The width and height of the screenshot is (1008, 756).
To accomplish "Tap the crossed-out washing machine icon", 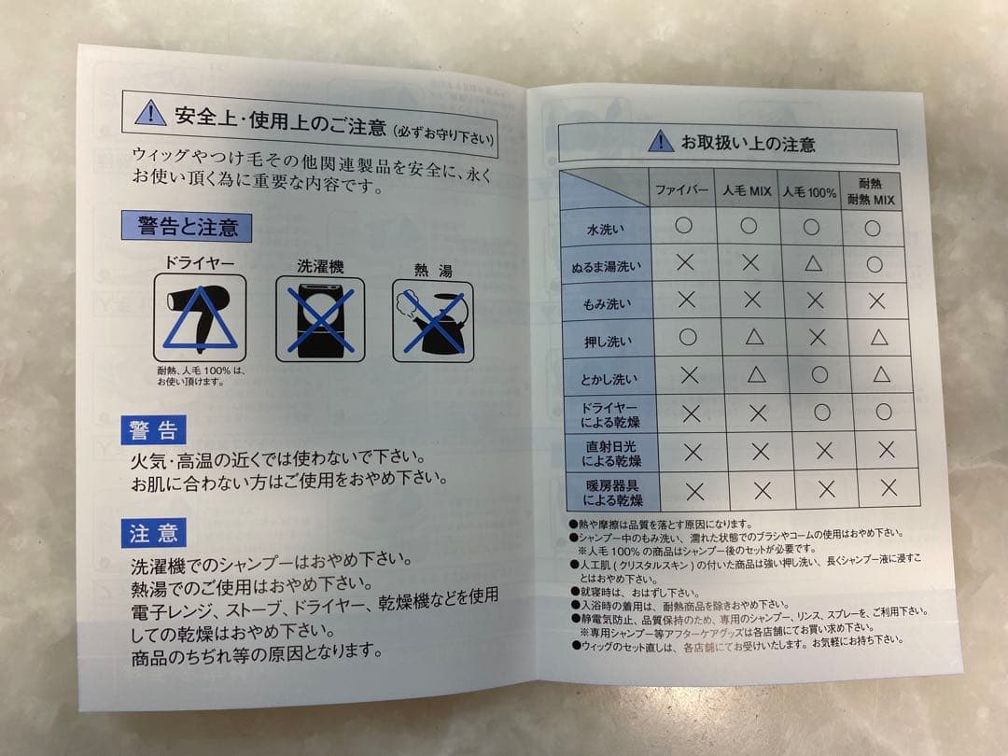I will click(319, 320).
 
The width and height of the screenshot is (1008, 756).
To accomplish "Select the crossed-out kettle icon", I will click(432, 322).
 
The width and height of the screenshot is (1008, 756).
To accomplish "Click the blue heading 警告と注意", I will click(187, 226).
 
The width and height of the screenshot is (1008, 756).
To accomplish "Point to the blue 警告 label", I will click(154, 430).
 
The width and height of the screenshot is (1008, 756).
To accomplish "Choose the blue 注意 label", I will click(154, 533).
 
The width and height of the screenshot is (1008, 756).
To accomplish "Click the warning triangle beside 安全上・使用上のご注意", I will click(150, 113).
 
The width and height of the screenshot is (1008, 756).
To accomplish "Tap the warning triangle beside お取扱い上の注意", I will click(660, 141).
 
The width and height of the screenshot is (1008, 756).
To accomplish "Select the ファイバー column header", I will click(682, 189).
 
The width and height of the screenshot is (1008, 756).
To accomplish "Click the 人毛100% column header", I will click(809, 191).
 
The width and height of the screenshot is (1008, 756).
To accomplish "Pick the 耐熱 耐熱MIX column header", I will click(871, 191).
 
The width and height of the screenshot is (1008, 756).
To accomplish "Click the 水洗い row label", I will click(605, 228).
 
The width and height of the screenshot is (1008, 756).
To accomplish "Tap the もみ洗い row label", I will click(607, 302).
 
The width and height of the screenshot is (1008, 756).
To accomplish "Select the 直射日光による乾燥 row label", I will click(608, 452).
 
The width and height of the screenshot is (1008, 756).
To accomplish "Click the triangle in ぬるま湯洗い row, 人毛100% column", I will click(812, 264).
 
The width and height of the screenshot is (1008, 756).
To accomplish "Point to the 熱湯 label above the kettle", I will click(433, 271).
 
